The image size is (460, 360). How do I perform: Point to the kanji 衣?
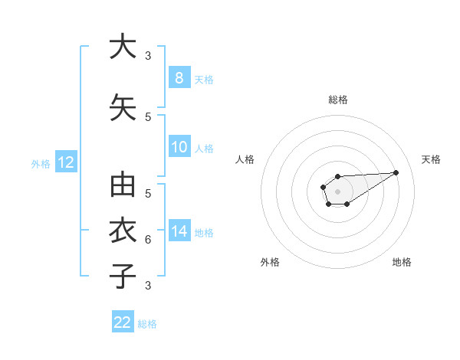123,230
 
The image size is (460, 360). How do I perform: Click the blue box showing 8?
179,77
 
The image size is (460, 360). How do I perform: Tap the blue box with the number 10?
179,147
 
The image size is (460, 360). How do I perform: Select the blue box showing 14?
179,231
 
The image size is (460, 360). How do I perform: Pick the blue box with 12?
65,162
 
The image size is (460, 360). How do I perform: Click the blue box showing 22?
123,322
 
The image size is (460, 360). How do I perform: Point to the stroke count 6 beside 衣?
148,240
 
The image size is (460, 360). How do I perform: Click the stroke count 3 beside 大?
148,56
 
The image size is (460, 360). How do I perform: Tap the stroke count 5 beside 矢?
148,116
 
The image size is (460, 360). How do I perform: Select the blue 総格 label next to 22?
147,324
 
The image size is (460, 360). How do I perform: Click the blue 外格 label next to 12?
40,163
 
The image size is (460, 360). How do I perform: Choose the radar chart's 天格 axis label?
432,159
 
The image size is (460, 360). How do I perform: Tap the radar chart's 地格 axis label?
402,262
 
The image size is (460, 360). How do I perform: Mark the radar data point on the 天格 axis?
396,172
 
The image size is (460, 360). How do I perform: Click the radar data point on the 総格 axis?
337,176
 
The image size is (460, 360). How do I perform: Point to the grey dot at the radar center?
337,190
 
